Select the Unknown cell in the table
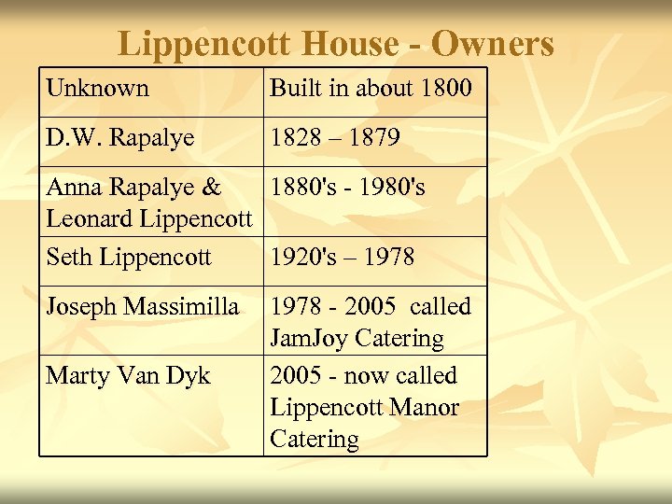97,89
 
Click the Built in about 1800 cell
371,89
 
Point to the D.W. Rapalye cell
119,138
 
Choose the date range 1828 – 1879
335,138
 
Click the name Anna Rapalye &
133,188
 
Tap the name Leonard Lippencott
149,219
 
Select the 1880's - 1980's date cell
347,188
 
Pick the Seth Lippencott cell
128,257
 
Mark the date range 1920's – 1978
342,257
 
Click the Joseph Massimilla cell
142,306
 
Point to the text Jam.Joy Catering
357,338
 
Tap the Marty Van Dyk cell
128,376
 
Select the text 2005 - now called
363,376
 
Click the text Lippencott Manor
364,408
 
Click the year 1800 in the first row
446,89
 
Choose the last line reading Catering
314,440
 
